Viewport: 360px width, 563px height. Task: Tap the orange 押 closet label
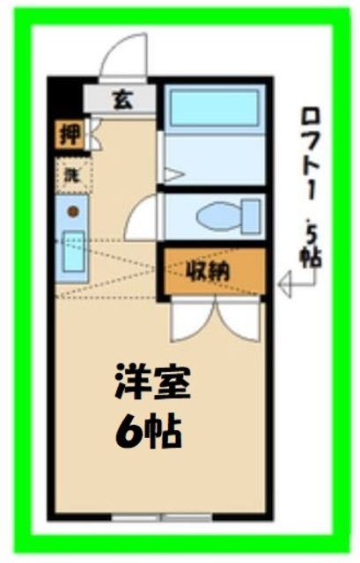click(67, 135)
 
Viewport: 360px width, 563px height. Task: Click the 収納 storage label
click(211, 270)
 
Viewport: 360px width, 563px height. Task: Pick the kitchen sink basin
click(72, 252)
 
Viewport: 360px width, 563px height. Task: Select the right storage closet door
click(240, 321)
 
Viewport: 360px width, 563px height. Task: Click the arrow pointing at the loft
click(289, 284)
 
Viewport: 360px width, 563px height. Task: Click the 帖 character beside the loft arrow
click(312, 257)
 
